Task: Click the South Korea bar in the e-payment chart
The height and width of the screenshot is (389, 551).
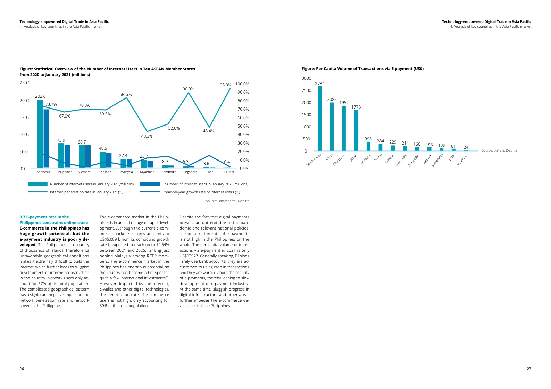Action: point(320,119)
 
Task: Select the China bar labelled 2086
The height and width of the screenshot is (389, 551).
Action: point(332,127)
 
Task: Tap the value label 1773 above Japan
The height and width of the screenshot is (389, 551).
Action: point(356,107)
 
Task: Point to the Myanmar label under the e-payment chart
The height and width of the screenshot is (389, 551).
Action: point(462,160)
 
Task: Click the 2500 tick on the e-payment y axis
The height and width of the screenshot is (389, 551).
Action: point(307,90)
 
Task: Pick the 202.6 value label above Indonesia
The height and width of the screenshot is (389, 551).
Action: point(40,96)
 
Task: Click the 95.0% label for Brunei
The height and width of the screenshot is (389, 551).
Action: point(225,85)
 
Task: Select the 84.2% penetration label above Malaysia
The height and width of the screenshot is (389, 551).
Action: point(126,94)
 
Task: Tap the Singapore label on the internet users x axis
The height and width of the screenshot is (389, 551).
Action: point(190,172)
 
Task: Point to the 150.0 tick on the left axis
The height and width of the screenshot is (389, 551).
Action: point(25,118)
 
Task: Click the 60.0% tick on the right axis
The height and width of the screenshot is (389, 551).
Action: point(243,118)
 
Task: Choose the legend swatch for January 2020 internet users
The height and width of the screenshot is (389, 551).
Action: point(150,184)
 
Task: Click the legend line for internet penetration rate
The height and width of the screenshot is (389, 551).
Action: point(37,192)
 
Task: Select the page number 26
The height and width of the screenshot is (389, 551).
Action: point(22,369)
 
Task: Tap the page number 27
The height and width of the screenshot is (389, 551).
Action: point(529,369)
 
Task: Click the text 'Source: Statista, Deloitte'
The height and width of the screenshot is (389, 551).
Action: point(499,150)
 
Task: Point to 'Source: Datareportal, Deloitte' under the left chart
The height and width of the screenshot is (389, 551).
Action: point(227,201)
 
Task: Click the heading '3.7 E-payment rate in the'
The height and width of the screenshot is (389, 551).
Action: point(44,217)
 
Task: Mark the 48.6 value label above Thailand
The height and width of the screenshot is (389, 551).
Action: point(103,148)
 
